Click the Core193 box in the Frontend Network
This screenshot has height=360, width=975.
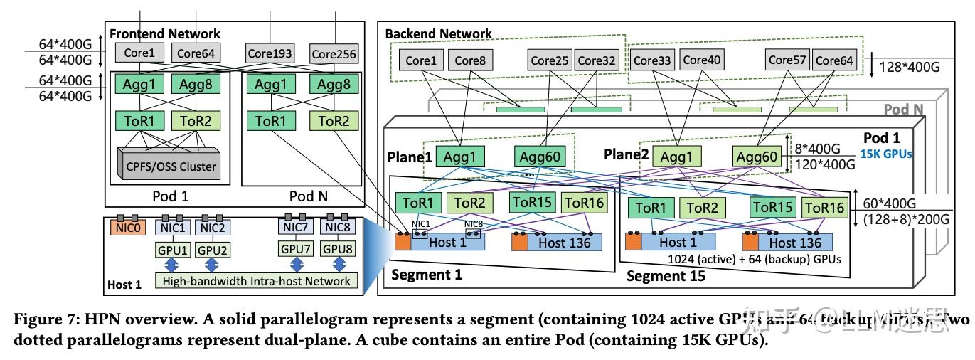(270, 53)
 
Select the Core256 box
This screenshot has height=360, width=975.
(334, 53)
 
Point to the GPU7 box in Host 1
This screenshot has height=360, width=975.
(295, 250)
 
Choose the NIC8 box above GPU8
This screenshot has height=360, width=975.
(339, 228)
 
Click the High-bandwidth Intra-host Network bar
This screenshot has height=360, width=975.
(256, 281)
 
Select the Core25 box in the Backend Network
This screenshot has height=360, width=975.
(549, 60)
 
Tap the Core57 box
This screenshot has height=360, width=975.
(787, 60)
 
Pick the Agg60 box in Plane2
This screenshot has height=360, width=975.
(757, 157)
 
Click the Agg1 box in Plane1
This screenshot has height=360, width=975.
(462, 157)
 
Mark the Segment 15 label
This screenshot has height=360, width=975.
(666, 276)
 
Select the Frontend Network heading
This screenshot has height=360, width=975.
(164, 33)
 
